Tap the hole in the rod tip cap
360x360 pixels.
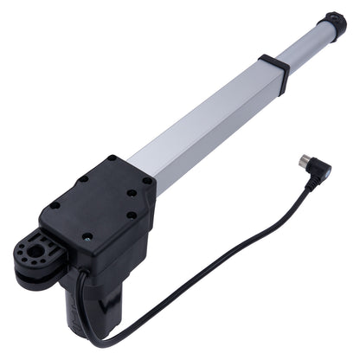[340, 18]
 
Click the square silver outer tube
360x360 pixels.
[208, 121]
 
